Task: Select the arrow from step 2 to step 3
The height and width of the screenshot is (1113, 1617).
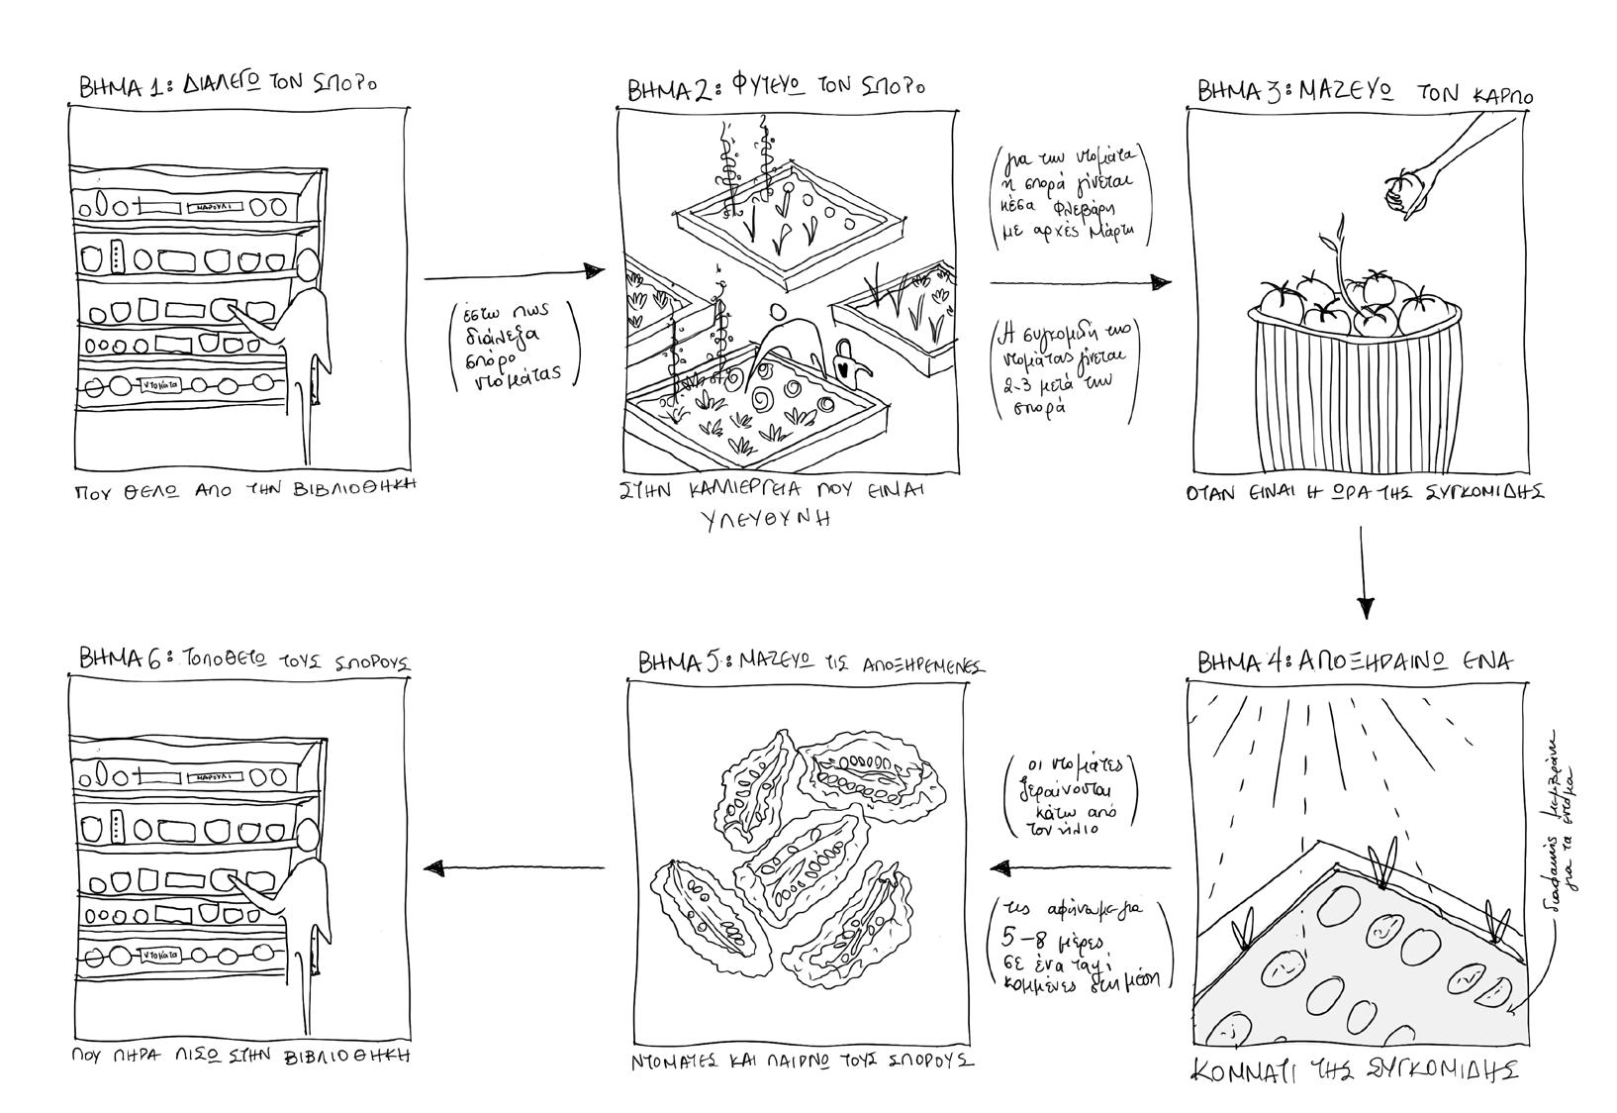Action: (1080, 283)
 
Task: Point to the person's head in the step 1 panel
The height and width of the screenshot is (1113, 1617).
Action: (308, 266)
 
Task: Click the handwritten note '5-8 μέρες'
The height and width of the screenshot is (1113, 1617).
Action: (1050, 937)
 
